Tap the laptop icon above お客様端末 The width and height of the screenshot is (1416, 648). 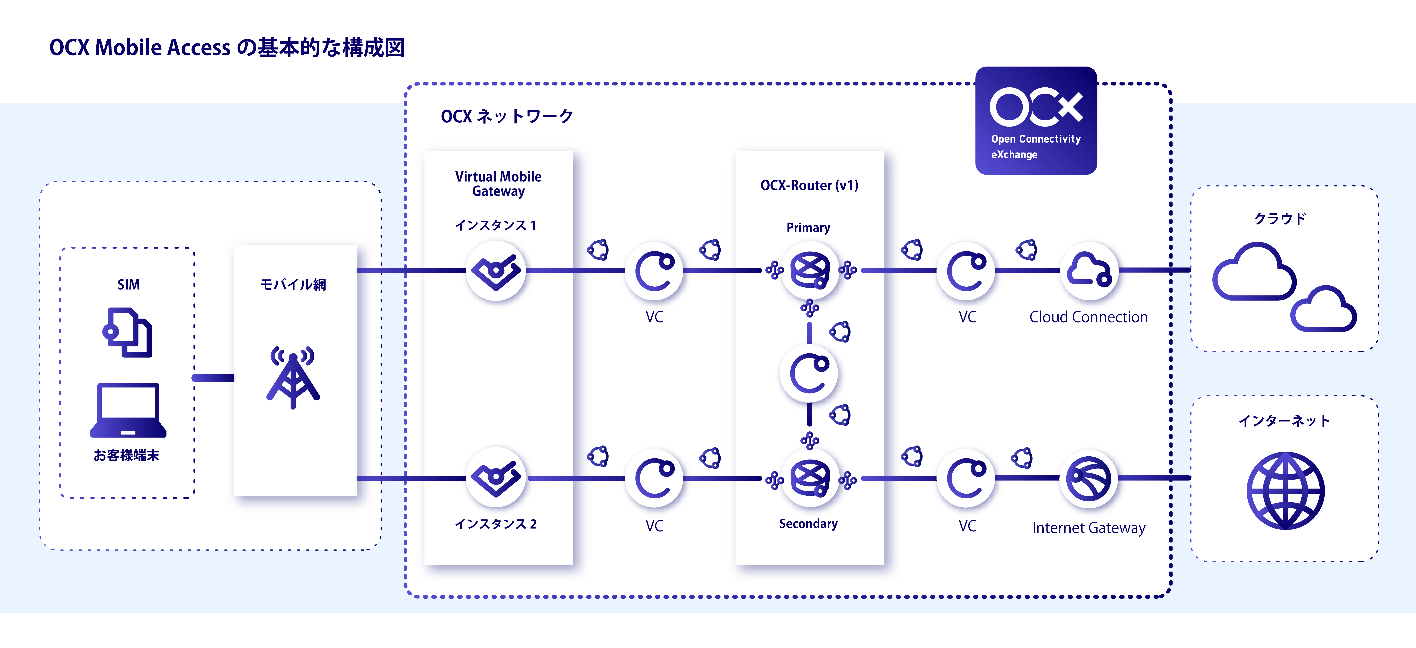click(128, 410)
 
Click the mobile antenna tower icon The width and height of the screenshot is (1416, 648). click(293, 377)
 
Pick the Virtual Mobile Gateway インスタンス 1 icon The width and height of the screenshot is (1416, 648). click(496, 271)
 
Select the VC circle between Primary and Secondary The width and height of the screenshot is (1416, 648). click(809, 374)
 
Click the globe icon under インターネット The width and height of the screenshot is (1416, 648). click(1285, 491)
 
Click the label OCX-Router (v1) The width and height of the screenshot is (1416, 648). click(809, 185)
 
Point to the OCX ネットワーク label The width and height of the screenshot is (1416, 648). click(507, 116)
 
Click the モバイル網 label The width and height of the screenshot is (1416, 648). click(293, 284)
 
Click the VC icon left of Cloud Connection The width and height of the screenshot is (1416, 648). click(966, 271)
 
